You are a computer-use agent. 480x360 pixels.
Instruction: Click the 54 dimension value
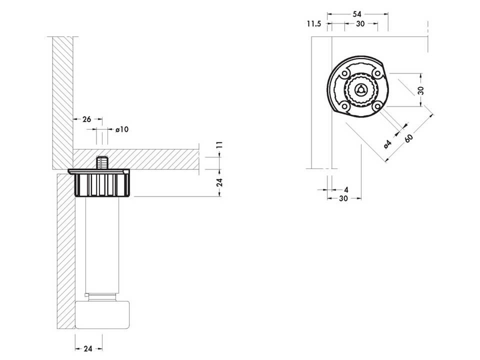click(x=357, y=14)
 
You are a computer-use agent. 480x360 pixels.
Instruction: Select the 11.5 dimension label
click(x=314, y=23)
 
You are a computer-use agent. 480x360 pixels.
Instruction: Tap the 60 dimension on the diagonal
click(x=409, y=138)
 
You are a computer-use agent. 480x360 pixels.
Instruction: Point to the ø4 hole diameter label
click(x=387, y=144)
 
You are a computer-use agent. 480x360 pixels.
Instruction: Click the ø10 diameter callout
click(x=122, y=129)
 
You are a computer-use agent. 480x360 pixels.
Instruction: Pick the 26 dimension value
click(x=86, y=119)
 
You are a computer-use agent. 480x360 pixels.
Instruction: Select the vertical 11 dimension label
click(x=219, y=145)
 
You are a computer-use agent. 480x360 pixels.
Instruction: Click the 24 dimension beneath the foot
click(x=88, y=348)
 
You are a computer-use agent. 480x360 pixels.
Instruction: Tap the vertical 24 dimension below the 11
click(x=219, y=182)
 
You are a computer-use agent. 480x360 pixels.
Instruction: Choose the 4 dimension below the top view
click(x=346, y=190)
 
